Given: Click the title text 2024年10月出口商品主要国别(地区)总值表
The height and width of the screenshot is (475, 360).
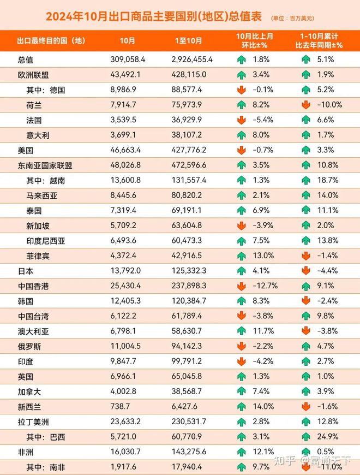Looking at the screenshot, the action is [x=154, y=16].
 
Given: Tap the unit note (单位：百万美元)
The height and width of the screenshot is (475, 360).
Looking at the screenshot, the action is [x=292, y=19].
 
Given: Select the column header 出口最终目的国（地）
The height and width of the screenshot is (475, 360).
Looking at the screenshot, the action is [x=51, y=40].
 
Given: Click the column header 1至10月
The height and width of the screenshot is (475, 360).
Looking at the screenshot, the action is [x=188, y=40].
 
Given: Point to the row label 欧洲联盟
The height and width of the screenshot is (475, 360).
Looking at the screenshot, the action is [x=33, y=75].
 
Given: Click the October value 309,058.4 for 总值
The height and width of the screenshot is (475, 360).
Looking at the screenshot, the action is [x=128, y=60].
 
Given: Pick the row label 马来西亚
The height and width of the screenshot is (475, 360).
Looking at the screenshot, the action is [x=42, y=195].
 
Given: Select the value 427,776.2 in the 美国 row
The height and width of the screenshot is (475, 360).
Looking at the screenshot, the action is [x=189, y=150].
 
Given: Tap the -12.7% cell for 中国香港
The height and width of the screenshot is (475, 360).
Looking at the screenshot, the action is [x=265, y=286].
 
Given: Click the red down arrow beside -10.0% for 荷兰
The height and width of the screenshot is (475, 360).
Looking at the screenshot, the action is [x=306, y=105].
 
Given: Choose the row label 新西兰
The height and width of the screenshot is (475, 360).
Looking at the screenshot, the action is [x=29, y=407].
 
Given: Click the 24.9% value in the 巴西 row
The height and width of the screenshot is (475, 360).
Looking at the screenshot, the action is [x=328, y=437].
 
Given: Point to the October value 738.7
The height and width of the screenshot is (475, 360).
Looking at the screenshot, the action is [x=120, y=406].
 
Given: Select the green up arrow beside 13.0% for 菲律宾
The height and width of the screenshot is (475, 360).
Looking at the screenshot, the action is [x=242, y=256].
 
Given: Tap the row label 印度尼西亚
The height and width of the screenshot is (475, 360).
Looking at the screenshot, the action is [x=46, y=241].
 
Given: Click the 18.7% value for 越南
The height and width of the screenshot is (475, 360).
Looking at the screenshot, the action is [x=328, y=180].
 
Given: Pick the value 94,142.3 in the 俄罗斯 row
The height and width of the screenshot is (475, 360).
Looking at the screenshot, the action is [x=187, y=346].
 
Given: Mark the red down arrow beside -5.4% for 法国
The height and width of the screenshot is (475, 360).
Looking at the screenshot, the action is [x=242, y=120].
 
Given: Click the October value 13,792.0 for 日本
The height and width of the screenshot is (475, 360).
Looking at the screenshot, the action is [x=125, y=270].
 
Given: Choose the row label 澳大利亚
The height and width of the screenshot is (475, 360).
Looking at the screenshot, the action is [x=33, y=331].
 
